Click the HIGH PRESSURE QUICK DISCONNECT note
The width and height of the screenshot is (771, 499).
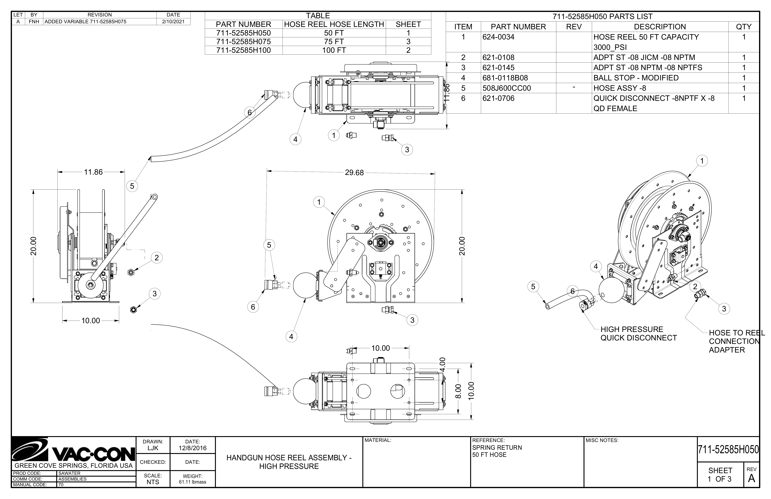point(639,333)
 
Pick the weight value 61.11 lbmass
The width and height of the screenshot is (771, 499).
point(192,482)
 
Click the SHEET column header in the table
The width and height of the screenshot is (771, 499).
point(408,24)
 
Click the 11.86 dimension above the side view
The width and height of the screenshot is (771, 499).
point(93,172)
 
